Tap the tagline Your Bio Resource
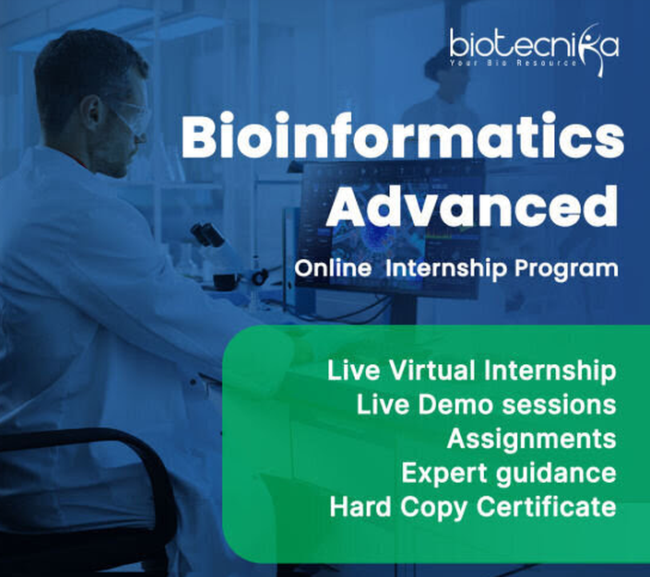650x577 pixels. click(x=514, y=63)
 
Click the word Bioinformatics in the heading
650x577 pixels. click(x=403, y=136)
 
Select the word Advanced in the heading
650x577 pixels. click(x=472, y=206)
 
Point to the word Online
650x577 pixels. click(x=333, y=268)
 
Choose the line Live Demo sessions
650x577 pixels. click(x=486, y=405)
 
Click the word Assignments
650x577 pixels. click(x=531, y=440)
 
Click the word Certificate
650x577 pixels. click(x=546, y=507)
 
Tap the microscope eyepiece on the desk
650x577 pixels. click(x=207, y=234)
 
